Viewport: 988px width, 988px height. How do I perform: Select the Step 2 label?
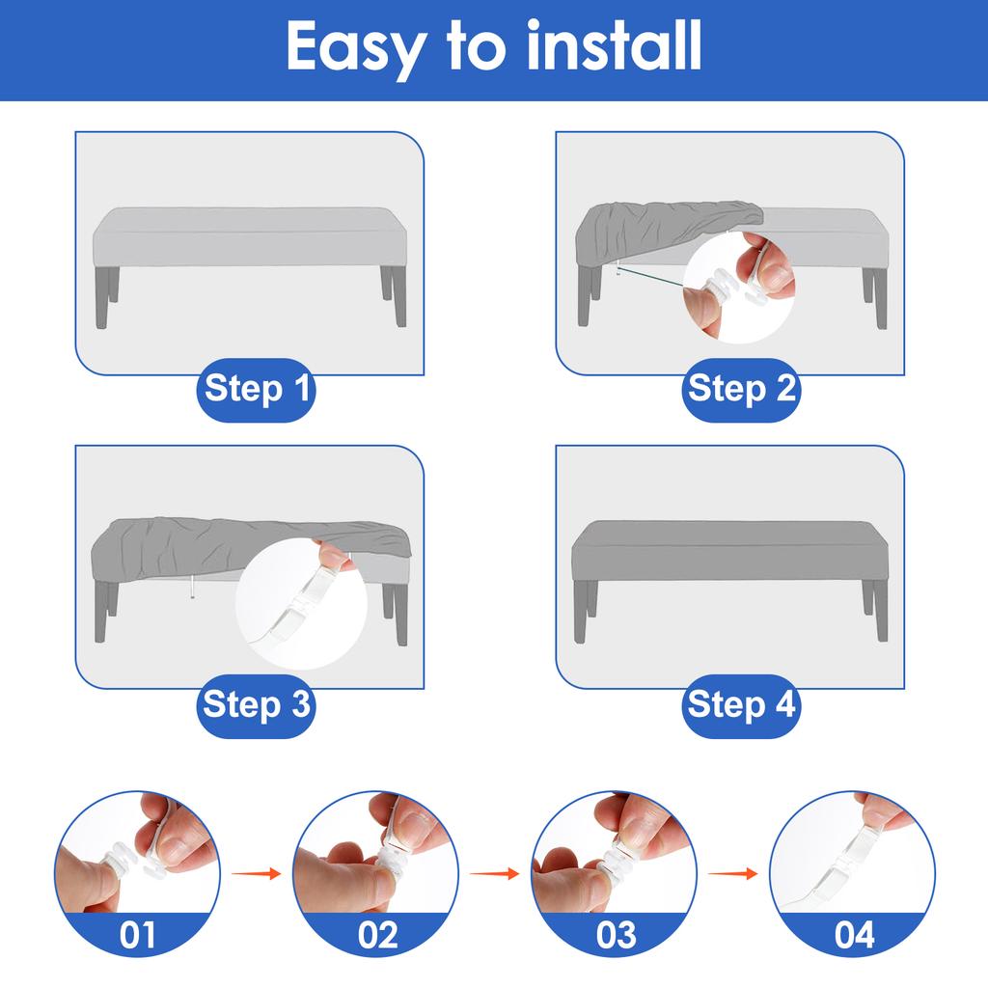741,390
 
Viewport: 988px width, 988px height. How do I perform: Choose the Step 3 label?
257,705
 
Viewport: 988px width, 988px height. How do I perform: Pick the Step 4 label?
741,705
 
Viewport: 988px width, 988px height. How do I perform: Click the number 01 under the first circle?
137,934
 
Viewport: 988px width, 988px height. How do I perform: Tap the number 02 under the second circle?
376,934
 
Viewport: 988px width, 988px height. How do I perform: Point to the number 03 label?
616,934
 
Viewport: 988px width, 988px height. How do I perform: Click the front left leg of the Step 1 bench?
102,298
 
